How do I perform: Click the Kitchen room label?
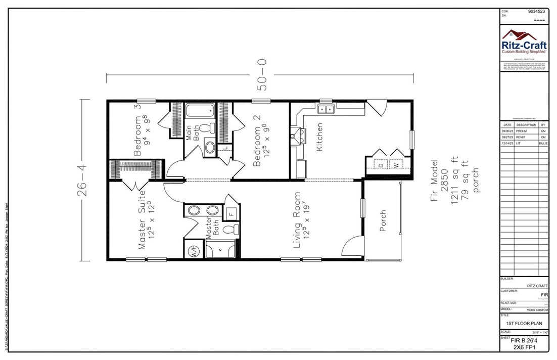point(319,137)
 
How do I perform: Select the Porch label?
point(383,221)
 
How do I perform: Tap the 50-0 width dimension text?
point(262,75)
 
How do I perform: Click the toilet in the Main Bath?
point(206,128)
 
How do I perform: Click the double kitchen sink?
point(326,108)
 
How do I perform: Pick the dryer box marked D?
point(382,165)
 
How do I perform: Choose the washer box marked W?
point(397,165)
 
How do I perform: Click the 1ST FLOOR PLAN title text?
point(524,323)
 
